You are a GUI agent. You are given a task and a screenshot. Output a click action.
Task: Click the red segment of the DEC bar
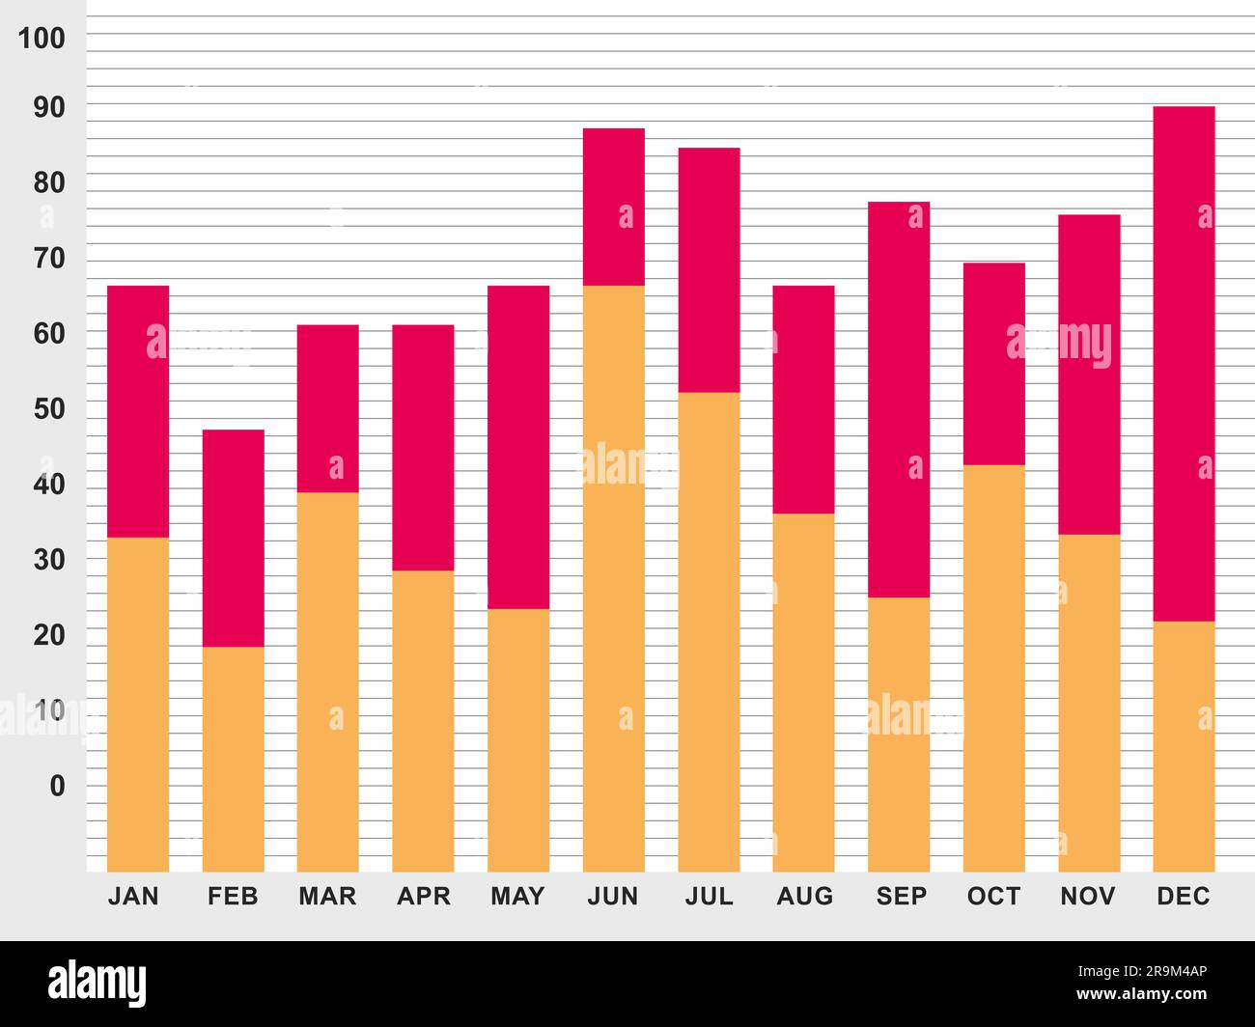point(1184,363)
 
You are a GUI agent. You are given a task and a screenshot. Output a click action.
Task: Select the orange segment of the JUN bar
point(613,578)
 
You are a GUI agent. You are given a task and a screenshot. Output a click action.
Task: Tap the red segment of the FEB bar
point(233,538)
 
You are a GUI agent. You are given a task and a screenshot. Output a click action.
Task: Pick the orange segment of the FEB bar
point(233,759)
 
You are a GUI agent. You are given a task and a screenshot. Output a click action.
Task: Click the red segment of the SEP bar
point(899,399)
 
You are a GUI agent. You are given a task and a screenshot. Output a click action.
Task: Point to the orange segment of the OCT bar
point(993,668)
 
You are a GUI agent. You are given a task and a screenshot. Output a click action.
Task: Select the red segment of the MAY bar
point(518,447)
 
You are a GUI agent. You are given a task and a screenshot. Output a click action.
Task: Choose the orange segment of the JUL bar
point(709,631)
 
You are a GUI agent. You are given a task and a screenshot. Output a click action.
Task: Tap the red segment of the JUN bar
point(613,207)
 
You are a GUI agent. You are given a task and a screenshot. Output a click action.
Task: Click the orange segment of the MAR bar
point(327,681)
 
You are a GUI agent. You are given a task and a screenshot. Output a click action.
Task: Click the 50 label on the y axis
point(49,408)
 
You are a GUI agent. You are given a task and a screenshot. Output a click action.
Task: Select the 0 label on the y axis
point(58,786)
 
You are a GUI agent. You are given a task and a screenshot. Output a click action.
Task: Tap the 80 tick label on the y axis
point(49,182)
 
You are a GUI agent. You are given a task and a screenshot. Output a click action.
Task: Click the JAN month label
point(133,897)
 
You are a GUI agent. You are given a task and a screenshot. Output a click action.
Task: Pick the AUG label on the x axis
point(804,897)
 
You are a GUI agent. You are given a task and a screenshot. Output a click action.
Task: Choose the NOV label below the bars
point(1087,897)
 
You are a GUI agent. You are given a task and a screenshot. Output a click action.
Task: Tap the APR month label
point(423,897)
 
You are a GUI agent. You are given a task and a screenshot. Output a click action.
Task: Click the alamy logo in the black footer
point(98,984)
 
